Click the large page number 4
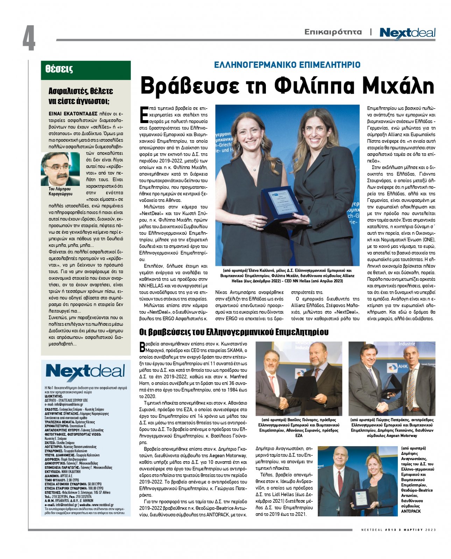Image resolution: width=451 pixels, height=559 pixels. point(29,38)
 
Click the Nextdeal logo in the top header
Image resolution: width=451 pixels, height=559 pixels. point(407,33)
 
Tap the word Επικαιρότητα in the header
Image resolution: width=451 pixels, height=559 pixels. point(333,32)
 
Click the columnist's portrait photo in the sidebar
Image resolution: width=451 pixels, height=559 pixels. point(60,169)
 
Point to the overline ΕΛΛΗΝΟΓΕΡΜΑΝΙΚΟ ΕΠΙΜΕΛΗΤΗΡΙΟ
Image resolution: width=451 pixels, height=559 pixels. point(287,65)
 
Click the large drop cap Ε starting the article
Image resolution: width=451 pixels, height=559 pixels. point(143,115)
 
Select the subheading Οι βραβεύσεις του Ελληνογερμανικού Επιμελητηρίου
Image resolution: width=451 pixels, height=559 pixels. point(234,332)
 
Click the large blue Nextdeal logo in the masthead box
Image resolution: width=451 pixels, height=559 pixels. point(85,372)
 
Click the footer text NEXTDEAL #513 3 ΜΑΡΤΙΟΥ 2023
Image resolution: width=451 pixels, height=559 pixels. point(399,530)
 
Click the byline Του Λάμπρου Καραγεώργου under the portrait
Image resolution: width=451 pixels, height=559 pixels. point(61,191)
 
